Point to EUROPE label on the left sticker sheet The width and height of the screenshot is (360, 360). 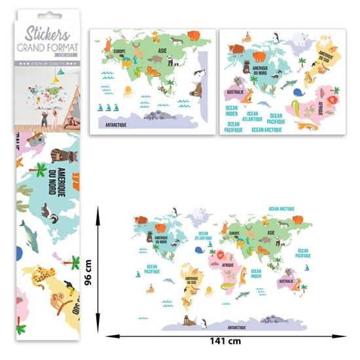119,52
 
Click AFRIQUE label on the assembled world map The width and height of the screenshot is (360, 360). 228,265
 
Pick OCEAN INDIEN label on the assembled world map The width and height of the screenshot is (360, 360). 256,273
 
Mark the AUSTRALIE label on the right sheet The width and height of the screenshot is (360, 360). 236,92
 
